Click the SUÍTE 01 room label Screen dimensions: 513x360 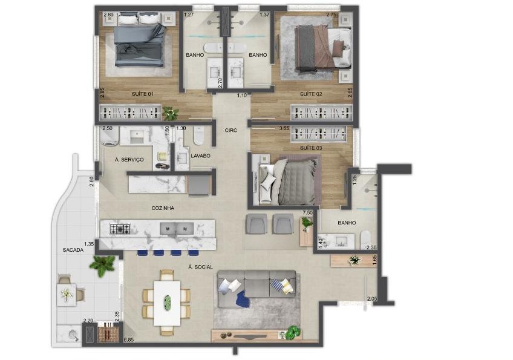click(x=143, y=94)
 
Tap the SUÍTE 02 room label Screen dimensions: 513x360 click(x=311, y=94)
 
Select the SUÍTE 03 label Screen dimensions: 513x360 click(x=311, y=148)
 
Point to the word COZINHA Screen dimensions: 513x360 click(x=163, y=208)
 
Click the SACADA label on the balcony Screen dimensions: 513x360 click(x=73, y=250)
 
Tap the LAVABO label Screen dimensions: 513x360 click(x=201, y=155)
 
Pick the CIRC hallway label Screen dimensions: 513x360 click(x=231, y=130)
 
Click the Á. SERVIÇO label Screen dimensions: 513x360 click(x=129, y=160)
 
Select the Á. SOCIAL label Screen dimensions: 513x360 click(x=201, y=267)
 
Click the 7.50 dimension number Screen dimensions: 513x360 click(x=307, y=213)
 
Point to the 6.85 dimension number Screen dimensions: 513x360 click(x=129, y=340)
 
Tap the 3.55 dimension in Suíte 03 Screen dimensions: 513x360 click(x=284, y=129)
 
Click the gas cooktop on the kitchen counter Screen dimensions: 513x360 click(x=120, y=229)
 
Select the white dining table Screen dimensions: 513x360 click(x=167, y=303)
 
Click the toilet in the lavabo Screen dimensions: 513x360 click(x=199, y=136)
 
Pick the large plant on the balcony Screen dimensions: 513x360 click(x=102, y=265)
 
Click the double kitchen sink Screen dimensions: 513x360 click(x=177, y=229)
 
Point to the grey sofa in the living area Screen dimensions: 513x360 click(x=257, y=289)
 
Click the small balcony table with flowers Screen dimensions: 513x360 click(x=67, y=295)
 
